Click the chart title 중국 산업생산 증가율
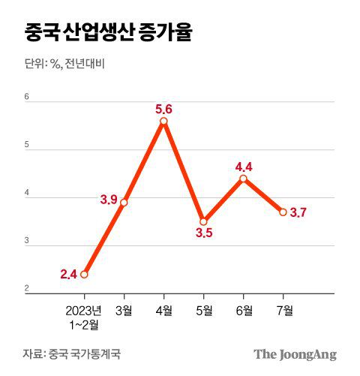(108, 34)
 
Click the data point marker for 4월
(163, 121)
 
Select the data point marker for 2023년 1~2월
(84, 274)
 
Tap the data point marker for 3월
(124, 202)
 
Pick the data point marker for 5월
(203, 221)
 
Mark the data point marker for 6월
(243, 178)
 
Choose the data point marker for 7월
(283, 212)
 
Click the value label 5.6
(164, 108)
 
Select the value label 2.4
(68, 275)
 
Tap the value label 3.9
(109, 199)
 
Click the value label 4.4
(244, 164)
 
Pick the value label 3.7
(298, 212)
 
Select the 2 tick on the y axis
(27, 289)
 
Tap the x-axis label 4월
(163, 310)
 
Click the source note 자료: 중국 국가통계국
(71, 353)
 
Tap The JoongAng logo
(295, 354)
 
